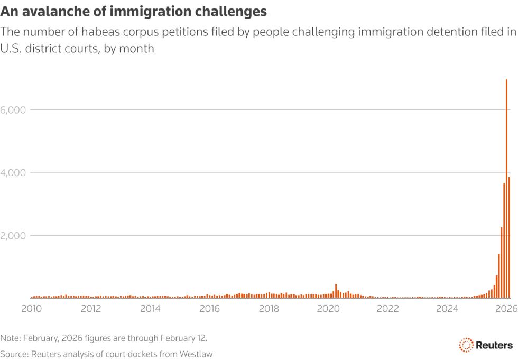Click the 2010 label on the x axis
click(x=32, y=308)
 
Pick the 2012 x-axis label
click(x=91, y=308)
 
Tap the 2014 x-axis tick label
click(x=151, y=308)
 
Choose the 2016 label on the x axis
click(x=210, y=308)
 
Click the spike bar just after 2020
click(x=336, y=291)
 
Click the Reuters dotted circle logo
click(x=466, y=345)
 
